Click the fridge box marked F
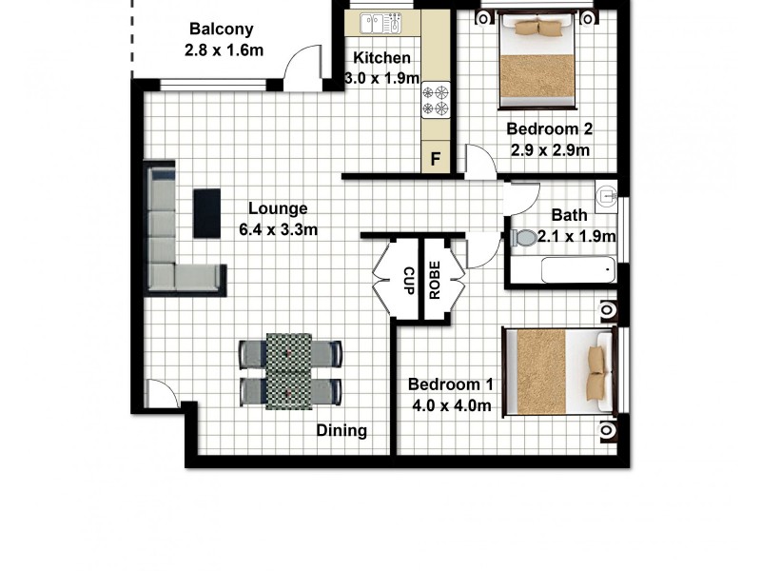point(437,159)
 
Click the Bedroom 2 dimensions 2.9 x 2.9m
point(549,149)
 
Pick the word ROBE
point(435,281)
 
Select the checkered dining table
point(289,370)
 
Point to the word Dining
point(341,430)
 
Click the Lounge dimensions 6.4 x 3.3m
point(278,229)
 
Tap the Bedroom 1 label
point(451,384)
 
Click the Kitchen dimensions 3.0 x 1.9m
point(380,79)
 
